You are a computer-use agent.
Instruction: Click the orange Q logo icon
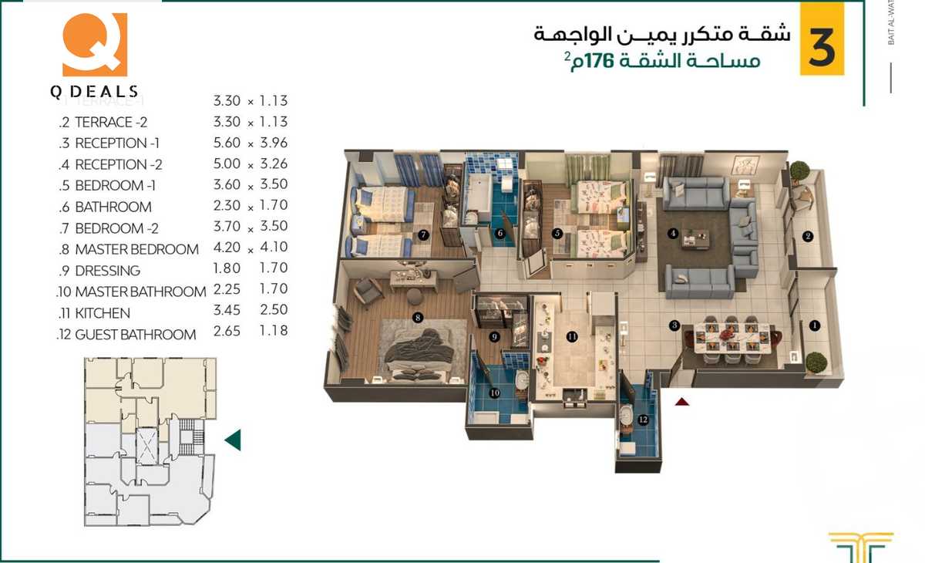click(x=94, y=45)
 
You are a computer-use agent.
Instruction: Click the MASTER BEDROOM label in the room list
click(x=136, y=249)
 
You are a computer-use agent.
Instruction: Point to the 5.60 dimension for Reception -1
click(x=227, y=143)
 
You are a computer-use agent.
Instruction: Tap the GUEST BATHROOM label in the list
click(x=135, y=335)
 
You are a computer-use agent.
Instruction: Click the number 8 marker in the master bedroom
click(x=417, y=316)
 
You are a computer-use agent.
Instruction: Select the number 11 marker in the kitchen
click(x=571, y=336)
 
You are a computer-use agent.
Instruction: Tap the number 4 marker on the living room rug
click(x=673, y=234)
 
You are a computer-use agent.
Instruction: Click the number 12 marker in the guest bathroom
click(x=642, y=420)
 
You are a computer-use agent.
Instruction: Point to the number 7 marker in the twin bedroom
click(x=422, y=234)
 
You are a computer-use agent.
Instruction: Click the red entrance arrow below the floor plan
click(x=681, y=401)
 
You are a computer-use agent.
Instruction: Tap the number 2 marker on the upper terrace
click(x=807, y=237)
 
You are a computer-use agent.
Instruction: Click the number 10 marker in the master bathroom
click(x=495, y=393)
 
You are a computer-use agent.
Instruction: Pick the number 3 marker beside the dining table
click(x=674, y=325)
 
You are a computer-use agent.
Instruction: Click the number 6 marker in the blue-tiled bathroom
click(x=500, y=233)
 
